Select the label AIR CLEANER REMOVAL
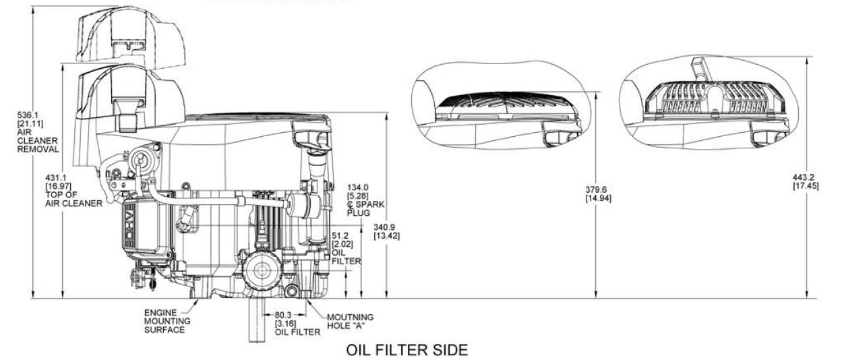point(20,140)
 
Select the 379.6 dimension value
point(601,189)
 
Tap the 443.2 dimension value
point(806,177)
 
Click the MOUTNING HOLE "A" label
point(350,322)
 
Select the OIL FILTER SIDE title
point(407,351)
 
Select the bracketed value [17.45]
point(806,186)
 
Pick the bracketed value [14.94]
point(601,198)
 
